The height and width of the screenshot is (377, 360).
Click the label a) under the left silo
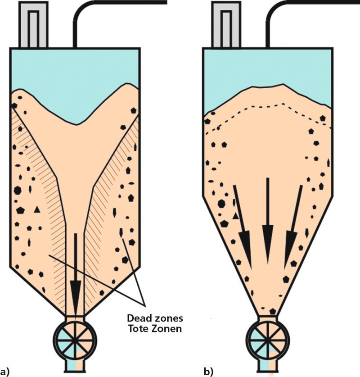5,372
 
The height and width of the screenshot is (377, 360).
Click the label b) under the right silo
208,372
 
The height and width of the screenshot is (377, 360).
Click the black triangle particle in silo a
36,209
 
